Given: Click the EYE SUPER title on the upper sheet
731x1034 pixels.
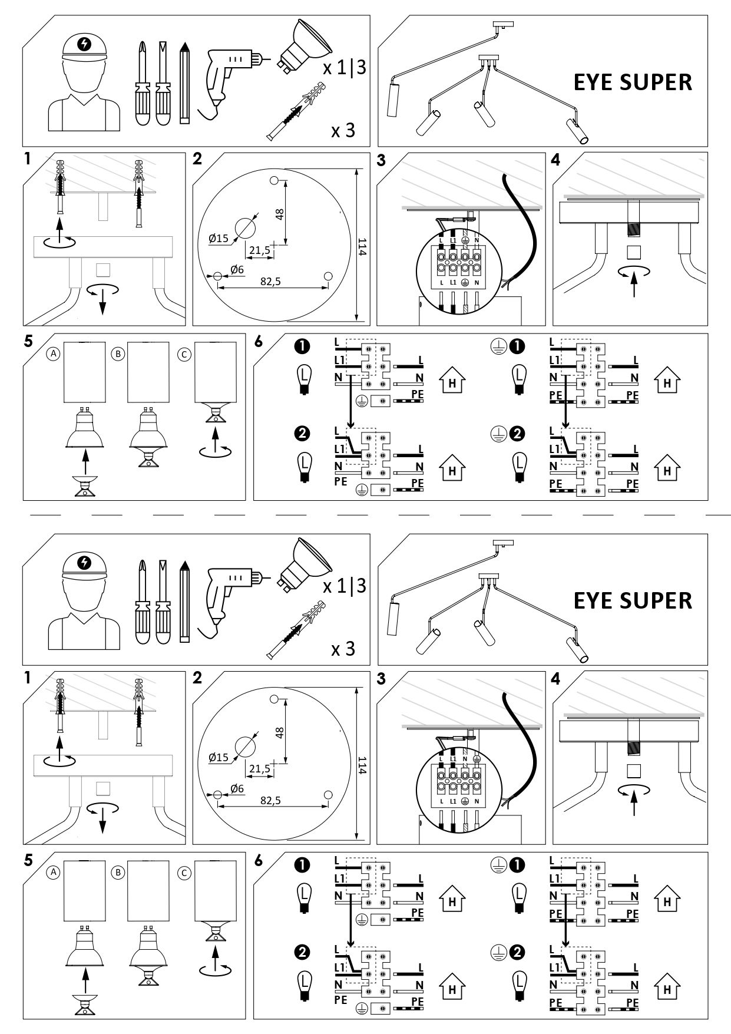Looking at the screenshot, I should coord(633,82).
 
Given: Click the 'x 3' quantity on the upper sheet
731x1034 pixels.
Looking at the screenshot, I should coord(343,130).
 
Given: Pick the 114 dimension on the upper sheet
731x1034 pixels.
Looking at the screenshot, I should coord(362,245).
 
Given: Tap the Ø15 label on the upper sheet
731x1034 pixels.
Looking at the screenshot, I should coord(218,238).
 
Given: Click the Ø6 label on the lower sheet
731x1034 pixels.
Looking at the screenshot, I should coord(237,788).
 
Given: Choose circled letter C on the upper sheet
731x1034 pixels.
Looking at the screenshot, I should coord(184,354).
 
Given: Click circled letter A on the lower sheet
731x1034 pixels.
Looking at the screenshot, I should coord(54,873).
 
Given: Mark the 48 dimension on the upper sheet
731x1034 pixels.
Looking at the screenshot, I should coord(280,213).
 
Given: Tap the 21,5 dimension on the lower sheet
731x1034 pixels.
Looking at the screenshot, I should coord(259,769).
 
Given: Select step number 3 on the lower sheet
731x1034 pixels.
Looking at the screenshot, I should coord(381,679).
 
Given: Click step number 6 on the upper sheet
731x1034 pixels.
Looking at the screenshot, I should coord(259,342).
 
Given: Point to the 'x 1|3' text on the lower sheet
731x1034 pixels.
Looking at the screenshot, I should coord(345,586).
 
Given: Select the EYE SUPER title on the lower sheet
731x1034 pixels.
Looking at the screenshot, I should coord(633,600).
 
